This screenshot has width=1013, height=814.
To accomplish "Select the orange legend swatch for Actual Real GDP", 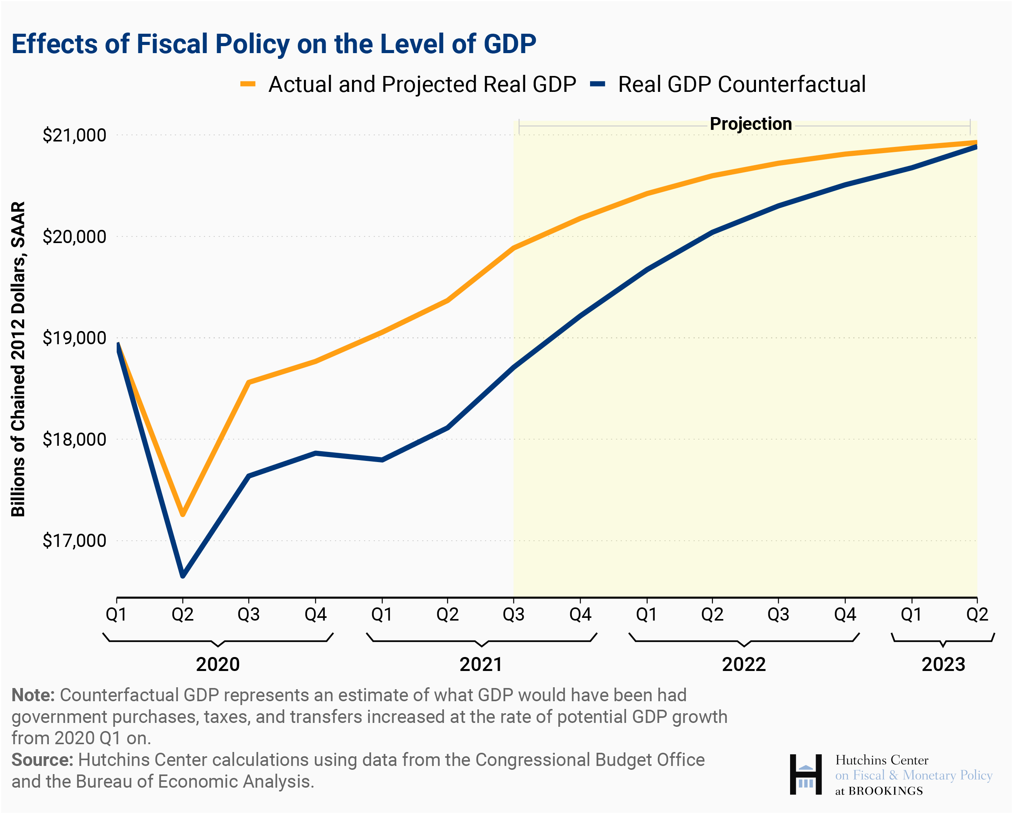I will click(248, 85).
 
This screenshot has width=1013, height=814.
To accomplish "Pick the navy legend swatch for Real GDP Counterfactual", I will click(598, 85).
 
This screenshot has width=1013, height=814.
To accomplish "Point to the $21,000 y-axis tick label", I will click(74, 135).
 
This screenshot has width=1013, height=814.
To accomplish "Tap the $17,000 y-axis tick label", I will click(74, 541).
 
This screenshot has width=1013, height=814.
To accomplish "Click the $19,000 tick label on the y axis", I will click(74, 338).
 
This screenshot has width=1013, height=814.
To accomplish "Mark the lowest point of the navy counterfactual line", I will click(183, 575).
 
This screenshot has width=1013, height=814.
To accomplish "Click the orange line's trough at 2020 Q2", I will click(183, 514).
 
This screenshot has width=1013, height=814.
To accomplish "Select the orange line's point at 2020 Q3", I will click(249, 382).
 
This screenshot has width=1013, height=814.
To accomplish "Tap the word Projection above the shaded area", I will click(751, 124).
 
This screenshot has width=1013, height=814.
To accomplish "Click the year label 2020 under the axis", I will click(217, 665).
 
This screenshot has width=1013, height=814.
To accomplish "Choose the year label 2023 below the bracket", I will click(943, 665).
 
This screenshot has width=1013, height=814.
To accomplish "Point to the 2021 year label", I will click(481, 665).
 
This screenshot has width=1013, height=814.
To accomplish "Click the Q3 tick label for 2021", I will click(514, 614).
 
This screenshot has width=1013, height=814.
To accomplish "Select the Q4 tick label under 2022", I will click(845, 614).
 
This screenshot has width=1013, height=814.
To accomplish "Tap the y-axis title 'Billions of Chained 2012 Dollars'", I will click(18, 359).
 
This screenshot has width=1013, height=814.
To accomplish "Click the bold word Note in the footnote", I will click(33, 695).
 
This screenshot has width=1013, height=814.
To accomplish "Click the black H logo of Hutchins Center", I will click(805, 774).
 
